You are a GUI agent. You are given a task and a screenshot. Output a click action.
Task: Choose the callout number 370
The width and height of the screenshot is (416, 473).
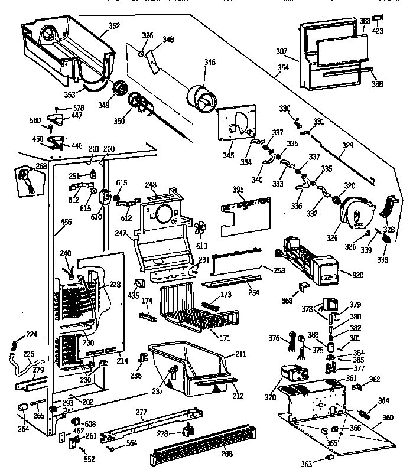click(x=271, y=397)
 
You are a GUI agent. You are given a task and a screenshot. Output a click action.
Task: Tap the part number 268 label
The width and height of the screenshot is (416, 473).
click(x=41, y=166)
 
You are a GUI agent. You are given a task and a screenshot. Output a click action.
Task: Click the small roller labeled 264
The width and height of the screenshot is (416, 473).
click(x=22, y=408)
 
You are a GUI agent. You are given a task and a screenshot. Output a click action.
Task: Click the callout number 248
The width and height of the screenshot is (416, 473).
click(x=151, y=185)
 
